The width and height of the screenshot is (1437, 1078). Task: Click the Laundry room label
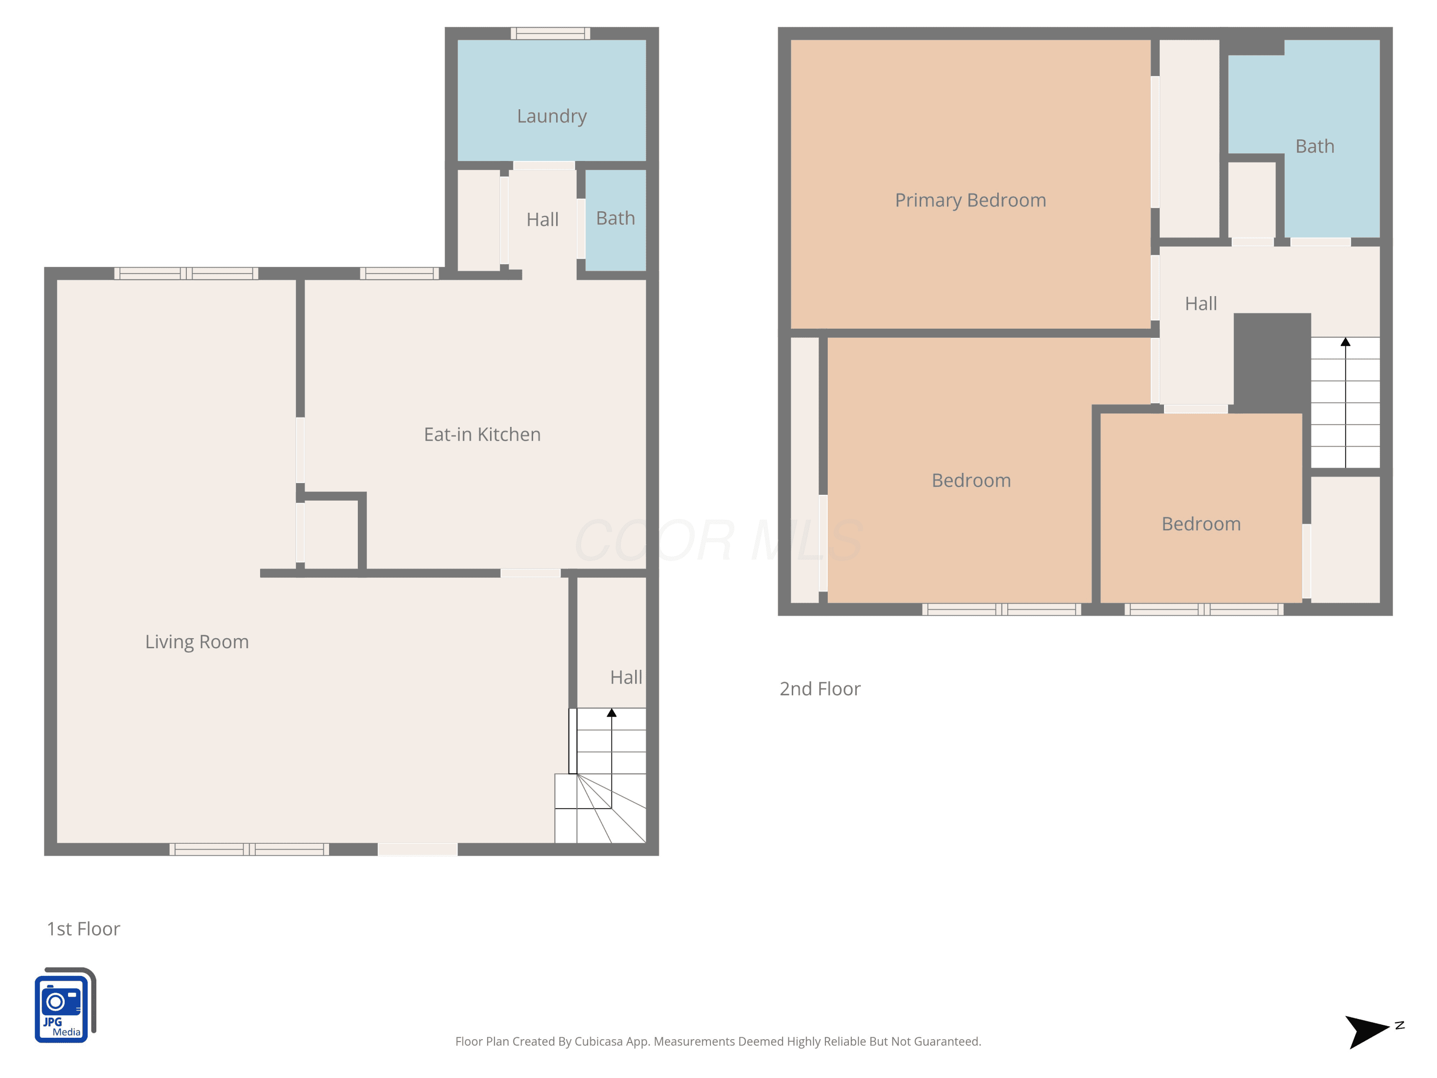tap(551, 116)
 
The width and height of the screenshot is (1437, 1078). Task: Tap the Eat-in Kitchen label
tap(482, 434)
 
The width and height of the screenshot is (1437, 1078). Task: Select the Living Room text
tap(197, 642)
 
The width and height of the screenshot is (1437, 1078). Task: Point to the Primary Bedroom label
tap(970, 200)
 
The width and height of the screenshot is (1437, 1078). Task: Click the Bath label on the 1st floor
tap(615, 218)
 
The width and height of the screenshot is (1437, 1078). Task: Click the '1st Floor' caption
tap(83, 929)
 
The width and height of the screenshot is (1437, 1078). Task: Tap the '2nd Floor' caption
tap(820, 689)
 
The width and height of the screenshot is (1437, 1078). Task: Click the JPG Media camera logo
tap(65, 1005)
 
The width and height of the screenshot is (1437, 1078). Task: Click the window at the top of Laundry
tap(550, 33)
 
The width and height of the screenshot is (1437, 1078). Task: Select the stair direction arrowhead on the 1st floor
tap(611, 713)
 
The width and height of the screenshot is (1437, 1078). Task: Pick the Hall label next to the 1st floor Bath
tap(542, 219)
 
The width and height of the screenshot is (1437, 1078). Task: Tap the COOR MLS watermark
tap(718, 540)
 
